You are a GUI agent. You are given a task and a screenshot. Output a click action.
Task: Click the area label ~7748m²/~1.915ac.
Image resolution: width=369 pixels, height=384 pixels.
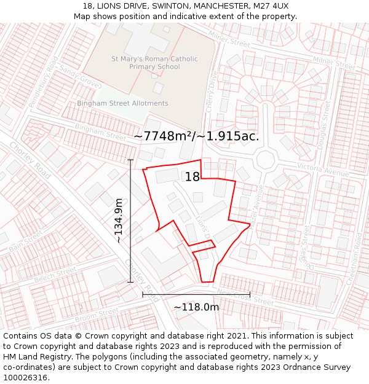(x=196, y=136)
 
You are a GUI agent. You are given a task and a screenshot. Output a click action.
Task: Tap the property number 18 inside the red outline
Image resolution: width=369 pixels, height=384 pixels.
(x=192, y=177)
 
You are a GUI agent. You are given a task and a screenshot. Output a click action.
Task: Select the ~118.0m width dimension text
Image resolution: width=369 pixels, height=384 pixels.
(x=196, y=307)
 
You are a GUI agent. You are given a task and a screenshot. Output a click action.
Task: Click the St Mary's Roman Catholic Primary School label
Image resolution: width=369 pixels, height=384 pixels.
(x=154, y=63)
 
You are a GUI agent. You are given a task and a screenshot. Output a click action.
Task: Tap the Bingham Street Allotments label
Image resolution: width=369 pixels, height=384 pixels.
(x=122, y=103)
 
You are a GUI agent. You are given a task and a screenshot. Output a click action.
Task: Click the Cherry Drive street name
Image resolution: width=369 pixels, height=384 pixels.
(x=212, y=92)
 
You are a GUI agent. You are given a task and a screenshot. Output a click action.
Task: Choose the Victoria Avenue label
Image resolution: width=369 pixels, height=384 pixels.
(x=323, y=170)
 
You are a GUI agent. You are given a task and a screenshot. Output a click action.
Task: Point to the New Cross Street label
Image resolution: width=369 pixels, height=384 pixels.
(x=245, y=297)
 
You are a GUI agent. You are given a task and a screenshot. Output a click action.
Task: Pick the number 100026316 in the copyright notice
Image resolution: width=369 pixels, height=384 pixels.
(x=26, y=377)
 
